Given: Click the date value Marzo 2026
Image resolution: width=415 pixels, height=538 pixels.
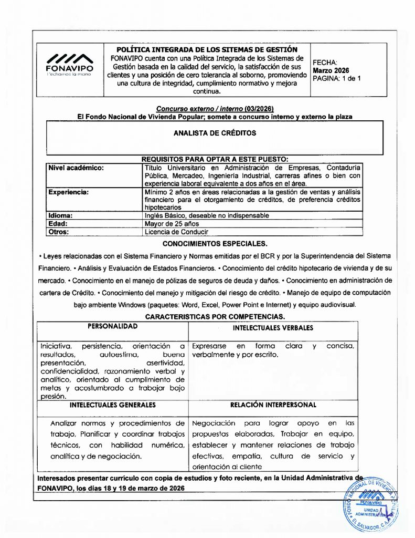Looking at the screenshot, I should [x=331, y=70].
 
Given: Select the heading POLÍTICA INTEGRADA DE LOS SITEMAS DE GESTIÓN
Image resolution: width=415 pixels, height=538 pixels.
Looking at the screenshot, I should [x=207, y=49].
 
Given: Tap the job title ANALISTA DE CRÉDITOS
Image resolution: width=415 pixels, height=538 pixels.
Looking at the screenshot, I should [x=215, y=133].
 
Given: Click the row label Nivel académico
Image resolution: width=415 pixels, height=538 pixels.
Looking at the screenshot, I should [x=76, y=168].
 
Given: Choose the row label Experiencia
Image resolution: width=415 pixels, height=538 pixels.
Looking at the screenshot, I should [x=69, y=192].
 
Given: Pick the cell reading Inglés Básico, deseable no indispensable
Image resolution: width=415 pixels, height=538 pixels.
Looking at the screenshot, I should [x=207, y=215].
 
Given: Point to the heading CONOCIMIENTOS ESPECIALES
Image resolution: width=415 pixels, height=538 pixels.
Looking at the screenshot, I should [x=215, y=244].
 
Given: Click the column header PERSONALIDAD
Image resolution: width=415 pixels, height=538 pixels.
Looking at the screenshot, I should [x=112, y=326].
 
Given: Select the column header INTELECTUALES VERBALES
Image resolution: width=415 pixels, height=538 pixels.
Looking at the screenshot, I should [x=273, y=328].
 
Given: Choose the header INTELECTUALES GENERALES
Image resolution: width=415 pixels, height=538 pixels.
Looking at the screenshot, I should [x=112, y=405].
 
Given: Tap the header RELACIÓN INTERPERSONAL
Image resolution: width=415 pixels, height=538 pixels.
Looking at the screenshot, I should [x=273, y=405].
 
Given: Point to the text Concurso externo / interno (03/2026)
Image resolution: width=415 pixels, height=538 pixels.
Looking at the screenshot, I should [x=215, y=108].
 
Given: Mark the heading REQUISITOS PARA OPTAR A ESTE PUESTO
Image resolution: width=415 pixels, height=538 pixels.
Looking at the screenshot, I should [x=215, y=159].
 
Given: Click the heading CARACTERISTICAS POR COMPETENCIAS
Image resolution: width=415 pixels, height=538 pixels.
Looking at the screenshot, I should [x=215, y=317].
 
